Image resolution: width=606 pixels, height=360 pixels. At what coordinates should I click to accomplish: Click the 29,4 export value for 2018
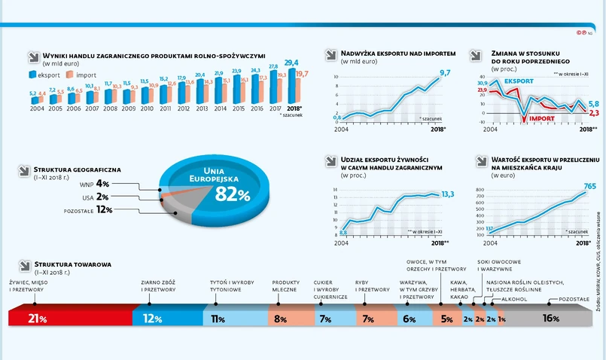click(291, 63)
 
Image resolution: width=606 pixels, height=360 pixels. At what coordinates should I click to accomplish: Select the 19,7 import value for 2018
click(301, 73)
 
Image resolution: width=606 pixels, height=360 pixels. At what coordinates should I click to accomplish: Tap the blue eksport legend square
click(33, 75)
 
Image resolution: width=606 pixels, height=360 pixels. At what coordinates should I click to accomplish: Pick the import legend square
click(69, 75)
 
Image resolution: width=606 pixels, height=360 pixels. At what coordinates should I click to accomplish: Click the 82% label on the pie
click(232, 194)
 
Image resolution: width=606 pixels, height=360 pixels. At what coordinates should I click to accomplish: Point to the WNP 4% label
click(96, 183)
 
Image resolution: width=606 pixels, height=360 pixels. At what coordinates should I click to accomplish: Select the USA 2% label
click(96, 197)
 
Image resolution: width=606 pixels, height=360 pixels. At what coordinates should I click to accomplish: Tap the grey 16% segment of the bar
click(550, 318)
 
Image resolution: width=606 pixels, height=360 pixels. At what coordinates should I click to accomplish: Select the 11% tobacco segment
click(219, 318)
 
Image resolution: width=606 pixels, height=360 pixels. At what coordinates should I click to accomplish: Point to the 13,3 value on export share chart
click(447, 194)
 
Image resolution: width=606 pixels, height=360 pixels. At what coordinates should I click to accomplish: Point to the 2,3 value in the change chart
click(594, 113)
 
